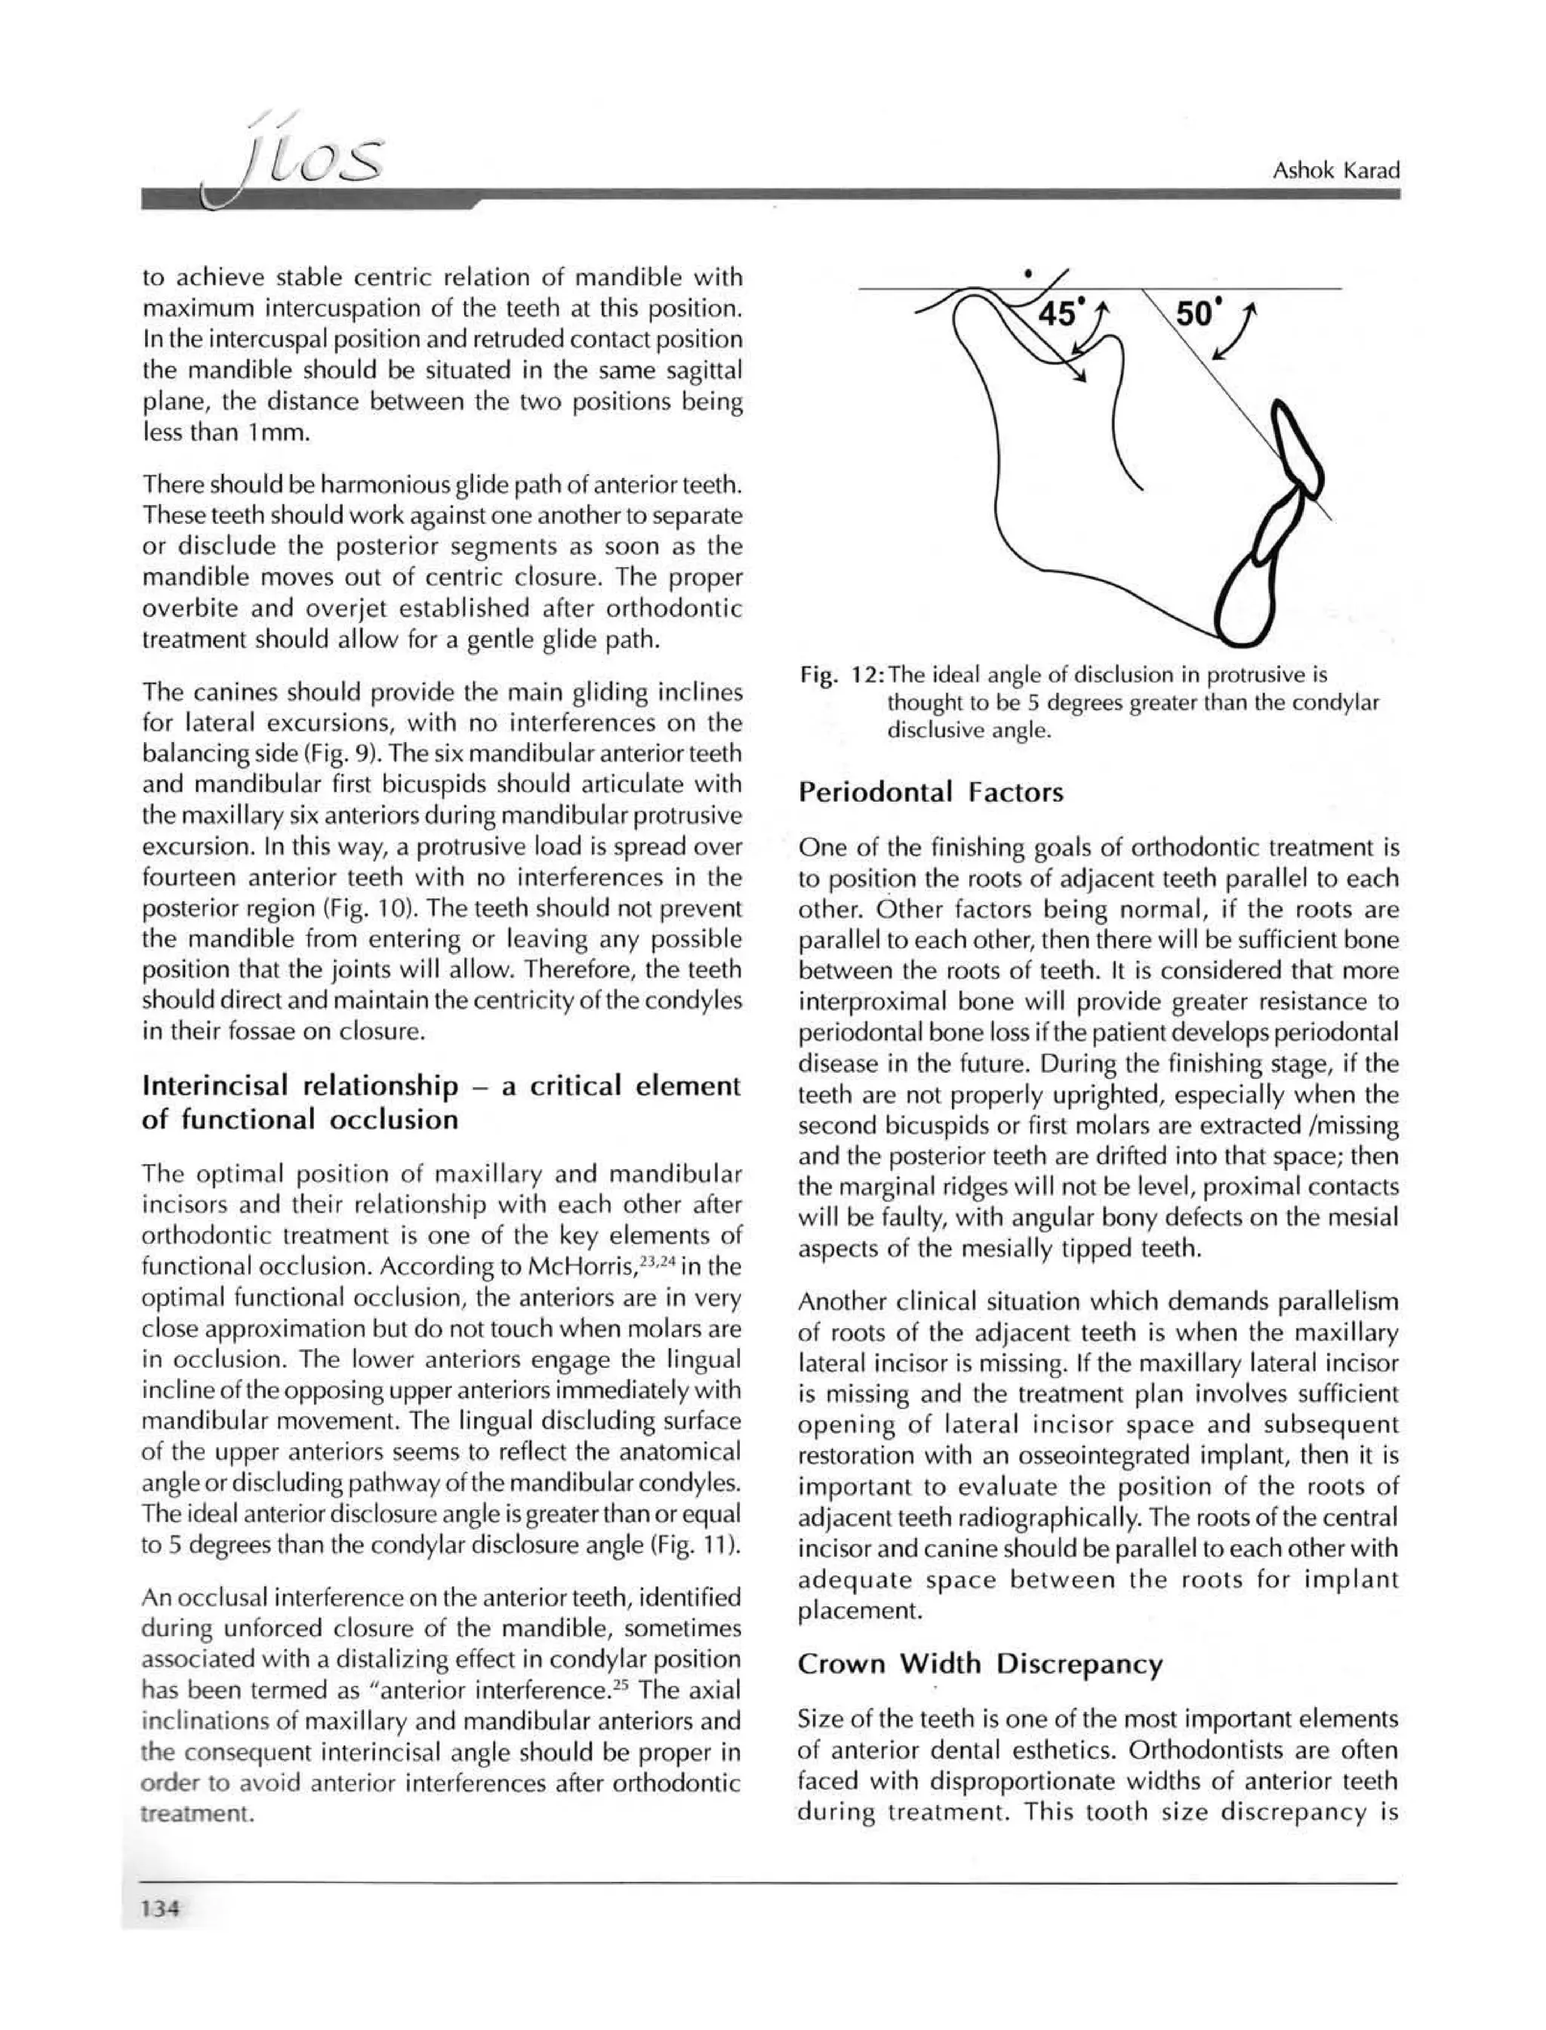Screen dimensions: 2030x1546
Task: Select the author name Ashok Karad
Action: (1335, 171)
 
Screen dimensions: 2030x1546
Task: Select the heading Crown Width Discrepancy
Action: (980, 1664)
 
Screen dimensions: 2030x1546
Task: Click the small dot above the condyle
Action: (1027, 273)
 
